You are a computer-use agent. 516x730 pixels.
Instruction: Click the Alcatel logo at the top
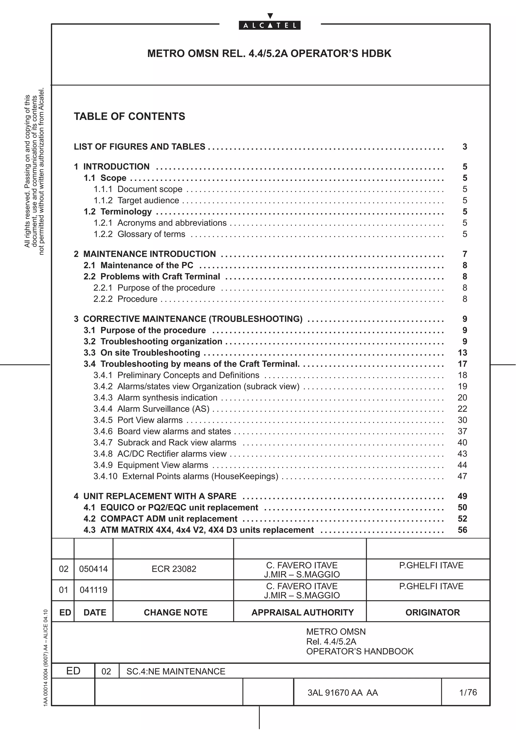[270, 25]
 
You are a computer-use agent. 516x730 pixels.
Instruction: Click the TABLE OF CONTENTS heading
[130, 116]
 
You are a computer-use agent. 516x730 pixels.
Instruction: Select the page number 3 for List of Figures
[465, 147]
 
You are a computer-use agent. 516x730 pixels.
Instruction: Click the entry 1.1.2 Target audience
[136, 200]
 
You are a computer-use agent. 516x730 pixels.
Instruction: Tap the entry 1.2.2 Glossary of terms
[139, 234]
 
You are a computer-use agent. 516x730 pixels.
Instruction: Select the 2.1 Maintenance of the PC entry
[138, 265]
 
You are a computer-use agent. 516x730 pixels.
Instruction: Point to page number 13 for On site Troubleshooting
[462, 353]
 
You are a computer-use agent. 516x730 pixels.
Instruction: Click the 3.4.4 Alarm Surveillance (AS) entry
[151, 409]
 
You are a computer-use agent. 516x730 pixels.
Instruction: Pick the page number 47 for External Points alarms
[462, 476]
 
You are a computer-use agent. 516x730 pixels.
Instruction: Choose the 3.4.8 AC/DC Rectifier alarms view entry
[160, 454]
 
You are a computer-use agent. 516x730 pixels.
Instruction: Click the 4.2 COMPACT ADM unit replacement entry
[160, 519]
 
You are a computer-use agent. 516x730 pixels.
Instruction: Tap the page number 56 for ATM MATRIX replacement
[462, 530]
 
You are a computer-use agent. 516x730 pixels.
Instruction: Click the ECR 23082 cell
[174, 569]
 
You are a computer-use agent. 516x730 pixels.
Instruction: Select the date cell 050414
[93, 569]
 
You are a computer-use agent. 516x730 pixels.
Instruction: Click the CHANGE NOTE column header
[176, 612]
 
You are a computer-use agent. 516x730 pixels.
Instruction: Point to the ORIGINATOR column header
[432, 612]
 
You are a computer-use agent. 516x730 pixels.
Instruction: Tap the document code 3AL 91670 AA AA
[342, 693]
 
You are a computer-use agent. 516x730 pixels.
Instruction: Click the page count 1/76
[468, 692]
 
